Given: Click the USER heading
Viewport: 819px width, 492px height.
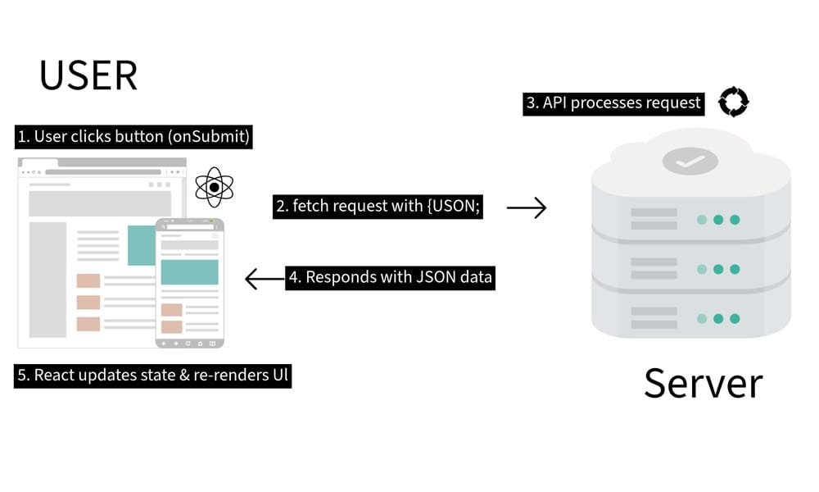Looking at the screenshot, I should click(x=88, y=75).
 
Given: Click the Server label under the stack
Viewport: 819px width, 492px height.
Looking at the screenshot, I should click(x=703, y=383).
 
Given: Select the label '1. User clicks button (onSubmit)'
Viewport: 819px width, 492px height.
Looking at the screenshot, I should click(x=133, y=136).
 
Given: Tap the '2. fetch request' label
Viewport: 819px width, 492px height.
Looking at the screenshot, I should click(x=378, y=207).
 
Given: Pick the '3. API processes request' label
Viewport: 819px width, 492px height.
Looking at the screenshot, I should click(x=613, y=102).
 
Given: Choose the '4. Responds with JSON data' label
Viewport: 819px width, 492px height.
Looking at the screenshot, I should click(x=390, y=277).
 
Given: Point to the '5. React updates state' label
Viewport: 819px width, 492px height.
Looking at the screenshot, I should click(x=154, y=376).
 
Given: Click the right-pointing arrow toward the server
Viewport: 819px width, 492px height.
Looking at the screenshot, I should click(x=526, y=208).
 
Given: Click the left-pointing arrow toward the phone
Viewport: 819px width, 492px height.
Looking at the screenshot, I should click(x=264, y=280).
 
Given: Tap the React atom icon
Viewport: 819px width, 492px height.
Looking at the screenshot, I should click(x=214, y=187).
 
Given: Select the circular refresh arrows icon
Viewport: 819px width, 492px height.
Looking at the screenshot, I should click(x=733, y=102).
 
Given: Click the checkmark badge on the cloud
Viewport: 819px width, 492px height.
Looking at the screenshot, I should click(x=690, y=162).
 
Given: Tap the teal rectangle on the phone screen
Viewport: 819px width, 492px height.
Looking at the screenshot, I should click(x=189, y=272).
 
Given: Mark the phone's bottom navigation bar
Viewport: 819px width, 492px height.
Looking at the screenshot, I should click(x=189, y=342).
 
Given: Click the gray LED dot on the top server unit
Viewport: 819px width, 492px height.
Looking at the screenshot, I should click(x=702, y=220).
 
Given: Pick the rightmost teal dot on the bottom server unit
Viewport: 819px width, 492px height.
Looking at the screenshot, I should click(x=735, y=318).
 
